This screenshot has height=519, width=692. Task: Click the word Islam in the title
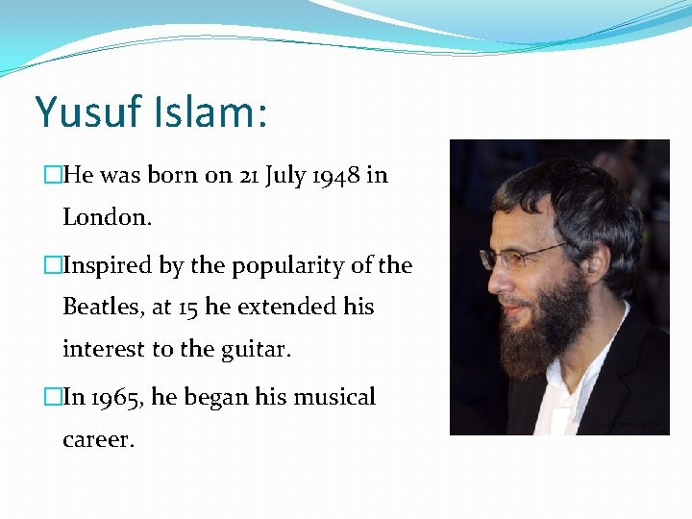(x=204, y=112)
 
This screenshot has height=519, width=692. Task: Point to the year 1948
(x=335, y=176)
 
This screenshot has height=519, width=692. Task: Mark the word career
(x=97, y=439)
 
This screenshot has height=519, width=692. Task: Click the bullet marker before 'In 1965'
(x=53, y=397)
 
